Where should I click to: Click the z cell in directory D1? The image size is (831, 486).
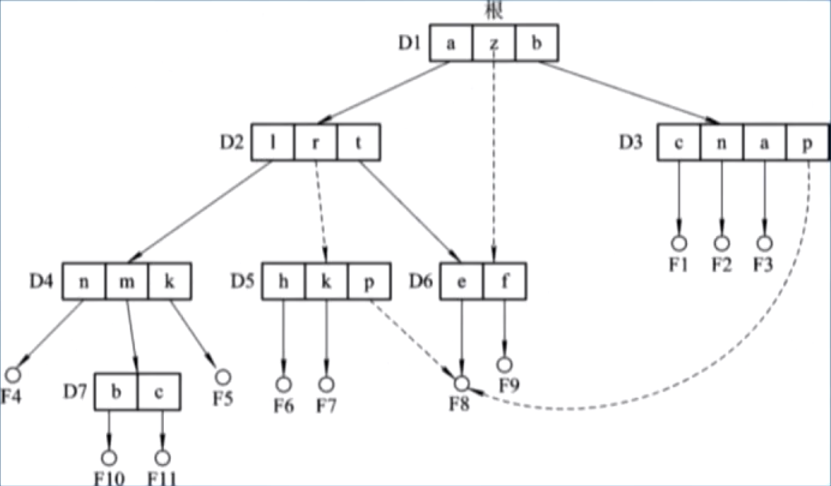click(x=494, y=42)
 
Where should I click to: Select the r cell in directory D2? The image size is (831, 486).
click(x=315, y=142)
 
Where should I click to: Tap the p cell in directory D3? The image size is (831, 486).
click(x=807, y=142)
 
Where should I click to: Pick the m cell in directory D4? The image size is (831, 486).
click(x=126, y=281)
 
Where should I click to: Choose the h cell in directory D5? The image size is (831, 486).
click(x=283, y=281)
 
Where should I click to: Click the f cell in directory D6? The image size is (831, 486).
click(x=505, y=281)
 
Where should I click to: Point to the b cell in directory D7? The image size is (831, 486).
click(x=116, y=391)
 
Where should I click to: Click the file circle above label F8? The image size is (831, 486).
click(x=461, y=383)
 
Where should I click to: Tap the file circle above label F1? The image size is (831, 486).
click(x=679, y=244)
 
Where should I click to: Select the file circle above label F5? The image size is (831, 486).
click(x=222, y=376)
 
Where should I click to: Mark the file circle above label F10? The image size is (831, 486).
click(x=109, y=457)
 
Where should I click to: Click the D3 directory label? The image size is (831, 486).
click(x=630, y=142)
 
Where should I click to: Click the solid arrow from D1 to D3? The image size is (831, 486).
click(x=628, y=92)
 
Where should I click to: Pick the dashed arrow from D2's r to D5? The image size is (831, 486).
click(x=321, y=212)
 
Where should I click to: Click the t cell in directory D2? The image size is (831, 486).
click(x=358, y=142)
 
